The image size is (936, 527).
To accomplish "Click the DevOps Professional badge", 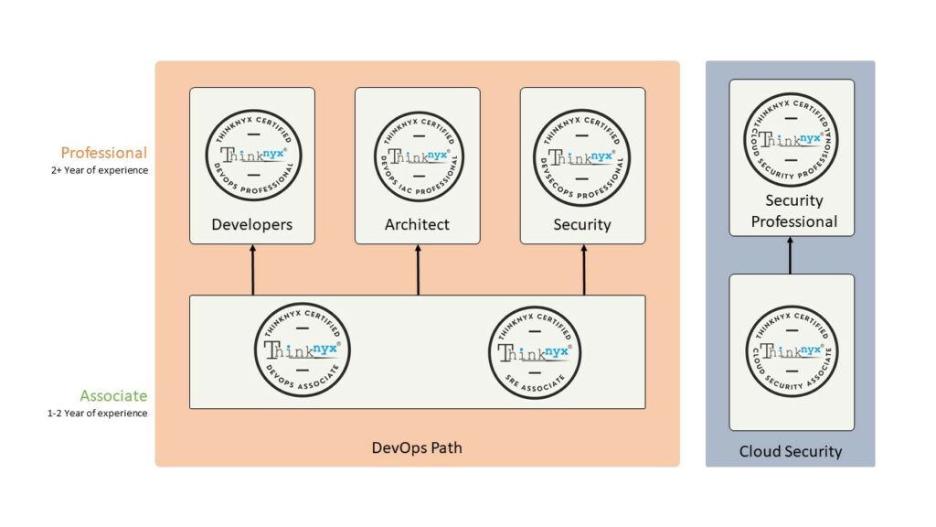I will [x=251, y=155].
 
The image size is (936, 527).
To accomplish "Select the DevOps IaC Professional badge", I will [x=418, y=155].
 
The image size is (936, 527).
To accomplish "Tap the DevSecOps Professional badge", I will [x=583, y=155].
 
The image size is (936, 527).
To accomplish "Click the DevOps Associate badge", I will [x=302, y=349].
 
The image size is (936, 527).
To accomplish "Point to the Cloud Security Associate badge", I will [x=791, y=350].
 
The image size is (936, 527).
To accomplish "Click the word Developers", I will [x=251, y=224].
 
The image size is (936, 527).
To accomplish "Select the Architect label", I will [x=417, y=224].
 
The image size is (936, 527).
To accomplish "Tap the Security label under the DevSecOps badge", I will [x=582, y=224].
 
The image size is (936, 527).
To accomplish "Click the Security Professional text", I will [x=793, y=211].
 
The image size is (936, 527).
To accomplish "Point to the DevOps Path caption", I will [x=417, y=448].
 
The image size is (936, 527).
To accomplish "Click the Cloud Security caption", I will [x=791, y=451].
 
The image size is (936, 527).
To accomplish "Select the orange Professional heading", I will [x=103, y=152].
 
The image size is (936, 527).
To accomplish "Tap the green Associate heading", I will [x=112, y=396].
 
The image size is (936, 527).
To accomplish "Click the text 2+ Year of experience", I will [x=99, y=170].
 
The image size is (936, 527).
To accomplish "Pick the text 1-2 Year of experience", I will [x=97, y=414].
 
